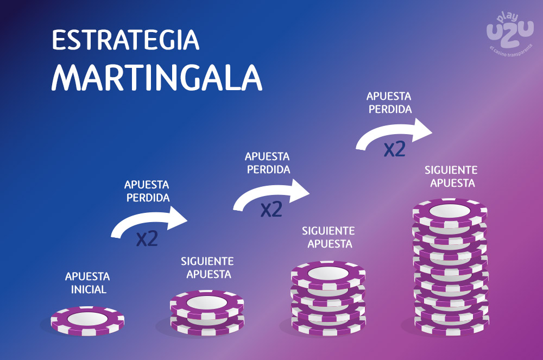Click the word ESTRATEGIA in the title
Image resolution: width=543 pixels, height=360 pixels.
pyautogui.click(x=126, y=40)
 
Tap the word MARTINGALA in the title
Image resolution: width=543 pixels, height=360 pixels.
pyautogui.click(x=157, y=78)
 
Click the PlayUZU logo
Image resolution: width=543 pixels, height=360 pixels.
pyautogui.click(x=510, y=34)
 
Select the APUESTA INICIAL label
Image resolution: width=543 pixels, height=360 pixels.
pyautogui.click(x=87, y=283)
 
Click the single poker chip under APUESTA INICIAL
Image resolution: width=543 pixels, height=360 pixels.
pyautogui.click(x=87, y=321)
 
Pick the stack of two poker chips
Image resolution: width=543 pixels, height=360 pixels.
pyautogui.click(x=207, y=313)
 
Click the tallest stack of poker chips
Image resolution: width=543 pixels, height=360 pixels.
pyautogui.click(x=451, y=267)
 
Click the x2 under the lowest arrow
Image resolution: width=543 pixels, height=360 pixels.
pyautogui.click(x=147, y=238)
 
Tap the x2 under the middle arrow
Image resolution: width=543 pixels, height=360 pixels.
pyautogui.click(x=271, y=209)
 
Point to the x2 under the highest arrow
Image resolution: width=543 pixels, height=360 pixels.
pyautogui.click(x=394, y=149)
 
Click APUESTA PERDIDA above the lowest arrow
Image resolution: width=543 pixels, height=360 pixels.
pyautogui.click(x=147, y=191)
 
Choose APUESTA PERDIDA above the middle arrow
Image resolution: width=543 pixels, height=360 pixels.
pyautogui.click(x=267, y=163)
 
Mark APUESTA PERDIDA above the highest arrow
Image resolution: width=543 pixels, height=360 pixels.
pyautogui.click(x=389, y=103)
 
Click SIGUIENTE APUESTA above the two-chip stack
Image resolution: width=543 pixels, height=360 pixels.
pyautogui.click(x=207, y=268)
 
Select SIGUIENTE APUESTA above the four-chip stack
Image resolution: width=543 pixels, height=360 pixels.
pyautogui.click(x=329, y=237)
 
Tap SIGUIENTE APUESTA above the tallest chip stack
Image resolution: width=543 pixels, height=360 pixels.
pyautogui.click(x=451, y=176)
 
